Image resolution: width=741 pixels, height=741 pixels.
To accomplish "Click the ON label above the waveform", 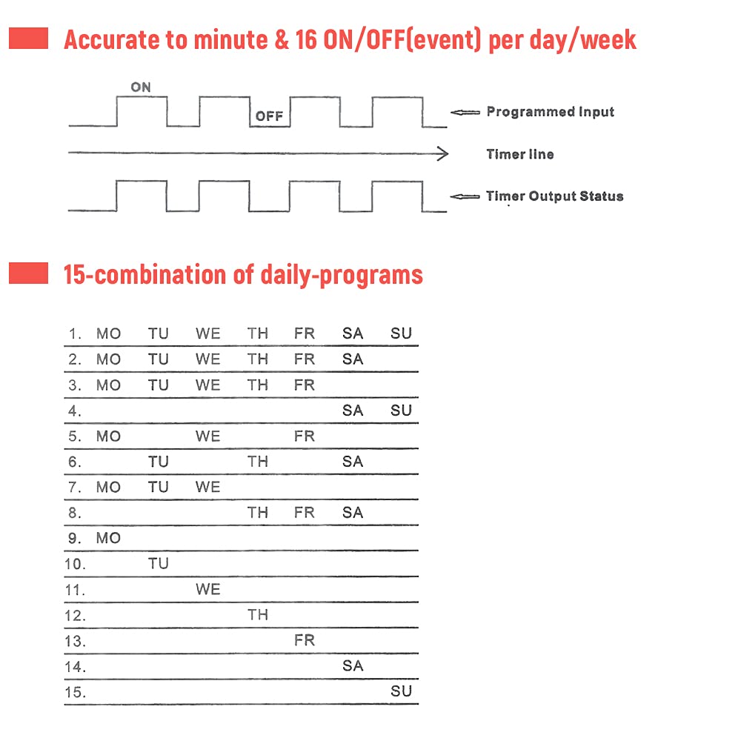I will coord(141,87).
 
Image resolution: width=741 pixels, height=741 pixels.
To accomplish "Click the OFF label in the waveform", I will coord(269,116).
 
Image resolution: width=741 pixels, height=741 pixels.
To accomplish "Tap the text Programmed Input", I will coord(550,112).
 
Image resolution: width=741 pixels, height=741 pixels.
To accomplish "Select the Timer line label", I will coord(519,154).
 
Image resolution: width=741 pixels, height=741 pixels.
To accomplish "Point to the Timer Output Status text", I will coord(554,196).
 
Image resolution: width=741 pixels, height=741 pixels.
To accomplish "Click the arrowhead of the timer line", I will coord(443,154).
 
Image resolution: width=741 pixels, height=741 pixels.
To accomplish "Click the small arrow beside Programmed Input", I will coord(465,113).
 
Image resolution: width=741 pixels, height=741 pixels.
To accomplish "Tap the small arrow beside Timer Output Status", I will coord(465,197).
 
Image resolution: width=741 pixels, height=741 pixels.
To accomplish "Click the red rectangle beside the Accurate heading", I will coord(28,39).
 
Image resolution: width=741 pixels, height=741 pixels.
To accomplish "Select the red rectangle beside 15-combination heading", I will coord(28,273).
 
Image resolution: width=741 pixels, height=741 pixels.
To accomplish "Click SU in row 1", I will coord(401,333).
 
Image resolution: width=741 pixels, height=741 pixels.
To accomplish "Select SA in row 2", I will coord(353,359).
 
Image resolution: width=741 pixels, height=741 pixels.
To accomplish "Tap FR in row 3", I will coord(304,385).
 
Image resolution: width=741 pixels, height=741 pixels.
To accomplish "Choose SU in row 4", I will coord(401,411).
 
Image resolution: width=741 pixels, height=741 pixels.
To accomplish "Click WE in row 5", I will coord(207,436).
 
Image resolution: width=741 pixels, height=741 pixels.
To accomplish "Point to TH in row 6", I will coord(257,462).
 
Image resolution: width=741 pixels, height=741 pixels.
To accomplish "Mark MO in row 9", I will coord(108,539).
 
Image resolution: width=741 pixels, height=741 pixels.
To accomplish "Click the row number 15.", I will coord(75,692).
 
